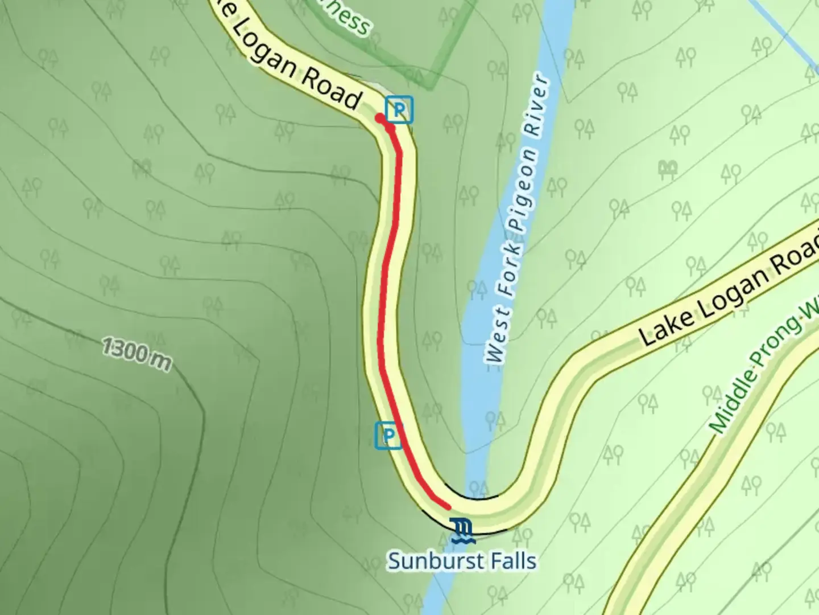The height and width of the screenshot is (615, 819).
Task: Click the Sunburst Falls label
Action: [x=461, y=560]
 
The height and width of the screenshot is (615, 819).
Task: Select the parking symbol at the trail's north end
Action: [x=399, y=110]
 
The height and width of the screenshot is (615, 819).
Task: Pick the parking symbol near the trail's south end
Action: [x=388, y=436]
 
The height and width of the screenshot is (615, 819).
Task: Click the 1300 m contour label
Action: [x=136, y=354]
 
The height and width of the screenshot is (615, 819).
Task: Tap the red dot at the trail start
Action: [x=379, y=118]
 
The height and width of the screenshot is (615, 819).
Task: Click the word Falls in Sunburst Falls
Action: [x=511, y=560]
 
